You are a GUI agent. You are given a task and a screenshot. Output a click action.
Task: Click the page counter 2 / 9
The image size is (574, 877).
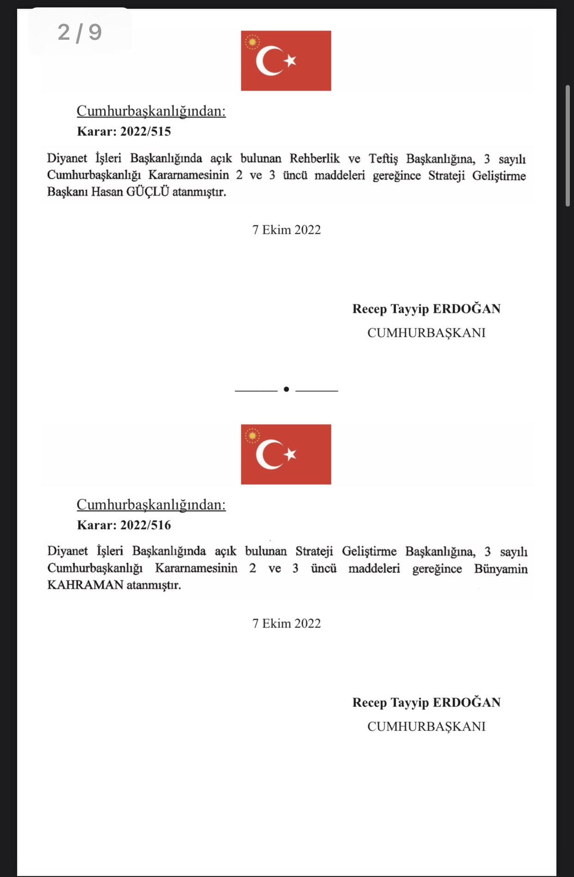[x=79, y=32]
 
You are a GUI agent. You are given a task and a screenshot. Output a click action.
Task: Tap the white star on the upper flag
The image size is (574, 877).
[x=290, y=60]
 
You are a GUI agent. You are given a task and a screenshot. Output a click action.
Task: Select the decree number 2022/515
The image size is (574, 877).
[x=145, y=132]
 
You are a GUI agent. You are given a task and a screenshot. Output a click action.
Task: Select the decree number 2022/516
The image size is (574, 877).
[x=145, y=525]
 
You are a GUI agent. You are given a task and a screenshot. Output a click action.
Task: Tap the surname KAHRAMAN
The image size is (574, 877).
[x=85, y=585]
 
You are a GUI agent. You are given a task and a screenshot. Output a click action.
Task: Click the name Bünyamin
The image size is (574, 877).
[x=501, y=569]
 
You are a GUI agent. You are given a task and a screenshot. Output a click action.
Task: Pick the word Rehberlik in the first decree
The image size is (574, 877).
[x=314, y=158]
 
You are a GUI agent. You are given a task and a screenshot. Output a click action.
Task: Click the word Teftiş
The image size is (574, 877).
[x=383, y=158]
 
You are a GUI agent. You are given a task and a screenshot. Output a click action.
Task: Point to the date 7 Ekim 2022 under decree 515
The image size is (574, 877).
[x=286, y=230]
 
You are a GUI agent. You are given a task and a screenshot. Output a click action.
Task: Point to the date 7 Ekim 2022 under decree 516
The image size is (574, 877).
[x=286, y=623]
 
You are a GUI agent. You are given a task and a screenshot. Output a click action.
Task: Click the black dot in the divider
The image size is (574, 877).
[x=286, y=390]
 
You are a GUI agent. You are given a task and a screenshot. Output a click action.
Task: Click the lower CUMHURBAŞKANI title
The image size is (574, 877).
[x=426, y=726]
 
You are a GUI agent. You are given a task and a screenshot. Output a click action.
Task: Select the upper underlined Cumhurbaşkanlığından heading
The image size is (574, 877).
[x=151, y=111]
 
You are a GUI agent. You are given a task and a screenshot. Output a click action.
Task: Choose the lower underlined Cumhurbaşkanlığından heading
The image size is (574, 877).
[x=151, y=505]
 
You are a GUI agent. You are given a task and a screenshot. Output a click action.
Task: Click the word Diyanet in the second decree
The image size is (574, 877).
[x=67, y=551]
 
